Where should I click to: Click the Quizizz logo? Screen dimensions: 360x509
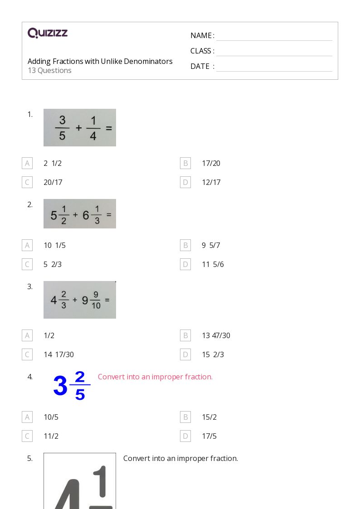pyautogui.click(x=48, y=33)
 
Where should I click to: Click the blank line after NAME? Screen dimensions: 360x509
pyautogui.click(x=274, y=41)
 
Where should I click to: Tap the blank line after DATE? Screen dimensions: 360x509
pyautogui.click(x=274, y=71)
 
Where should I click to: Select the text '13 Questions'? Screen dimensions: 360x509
pyautogui.click(x=50, y=70)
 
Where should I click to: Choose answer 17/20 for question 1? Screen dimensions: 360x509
pyautogui.click(x=211, y=163)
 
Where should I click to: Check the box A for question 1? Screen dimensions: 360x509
pyautogui.click(x=27, y=163)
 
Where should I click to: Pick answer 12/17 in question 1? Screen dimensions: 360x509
pyautogui.click(x=211, y=183)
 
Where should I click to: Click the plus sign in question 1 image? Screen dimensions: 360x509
pyautogui.click(x=78, y=128)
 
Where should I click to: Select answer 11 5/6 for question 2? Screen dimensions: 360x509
pyautogui.click(x=213, y=265)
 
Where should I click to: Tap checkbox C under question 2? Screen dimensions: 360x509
pyautogui.click(x=27, y=265)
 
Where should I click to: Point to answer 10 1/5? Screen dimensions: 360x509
pyautogui.click(x=54, y=245)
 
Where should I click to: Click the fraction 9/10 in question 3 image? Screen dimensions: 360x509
pyautogui.click(x=96, y=300)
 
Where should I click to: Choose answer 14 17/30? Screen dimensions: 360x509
pyautogui.click(x=59, y=354)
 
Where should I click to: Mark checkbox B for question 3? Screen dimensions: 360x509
pyautogui.click(x=185, y=335)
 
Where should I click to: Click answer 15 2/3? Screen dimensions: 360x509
pyautogui.click(x=213, y=354)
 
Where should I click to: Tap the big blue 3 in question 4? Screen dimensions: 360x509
pyautogui.click(x=60, y=386)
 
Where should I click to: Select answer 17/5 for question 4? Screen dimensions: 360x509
pyautogui.click(x=209, y=436)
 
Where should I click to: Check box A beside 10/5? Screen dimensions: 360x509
pyautogui.click(x=27, y=417)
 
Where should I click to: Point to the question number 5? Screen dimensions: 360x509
pyautogui.click(x=30, y=458)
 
